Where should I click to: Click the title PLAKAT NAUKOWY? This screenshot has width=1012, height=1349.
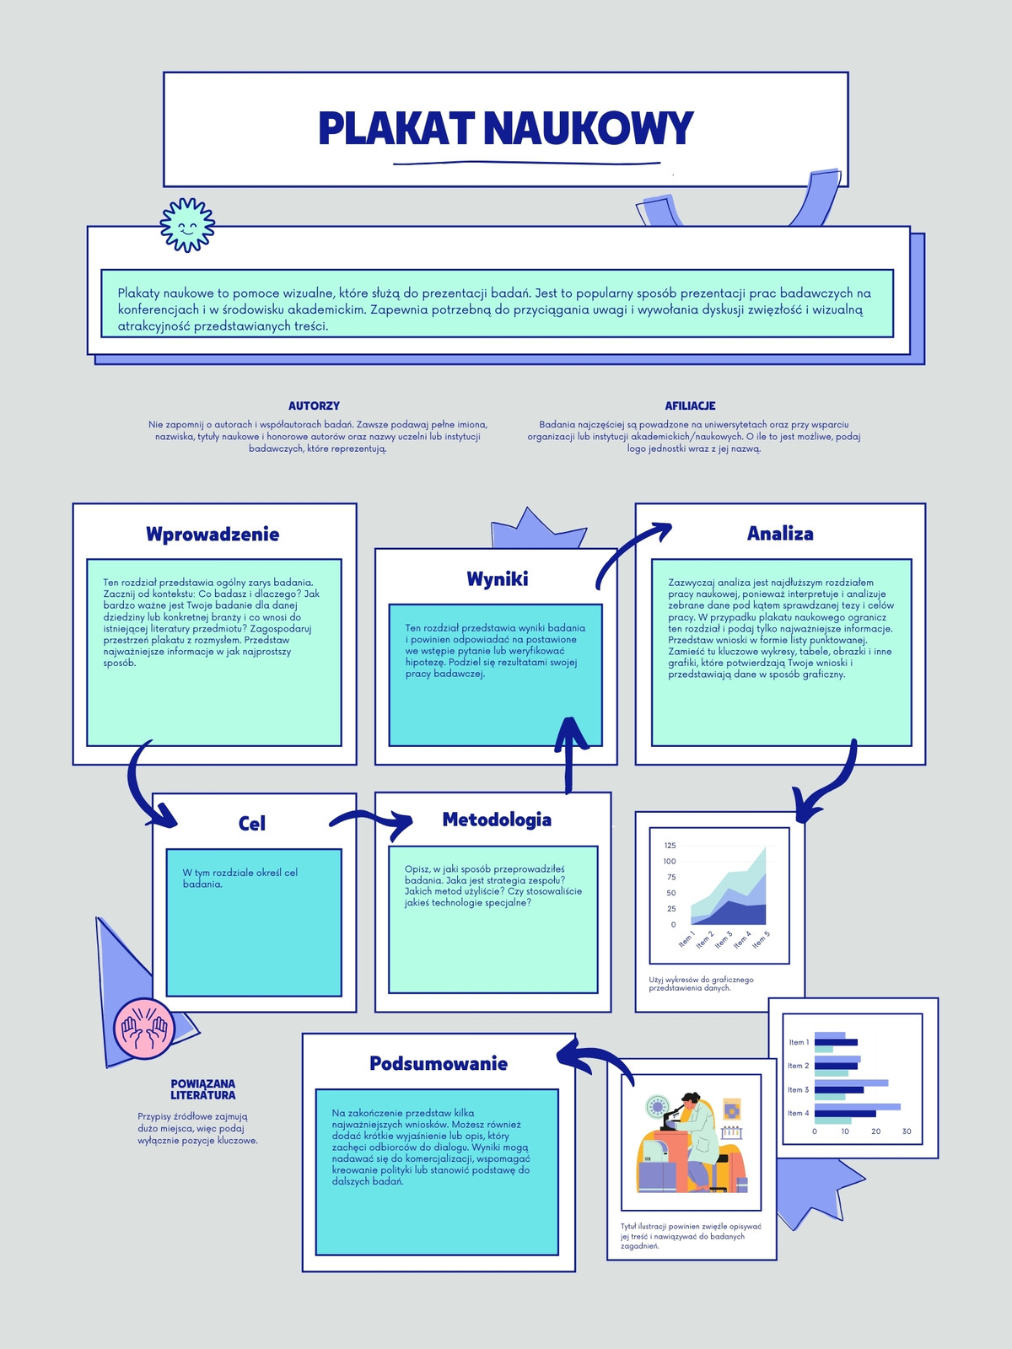click(506, 128)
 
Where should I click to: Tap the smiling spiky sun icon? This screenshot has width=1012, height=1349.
click(187, 225)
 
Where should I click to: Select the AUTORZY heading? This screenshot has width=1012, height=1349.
click(314, 406)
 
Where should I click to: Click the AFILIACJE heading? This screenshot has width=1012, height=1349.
click(690, 406)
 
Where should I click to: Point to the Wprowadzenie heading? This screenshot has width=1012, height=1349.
click(213, 534)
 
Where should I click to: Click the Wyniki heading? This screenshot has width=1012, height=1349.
click(497, 579)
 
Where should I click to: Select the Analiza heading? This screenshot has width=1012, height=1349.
click(780, 534)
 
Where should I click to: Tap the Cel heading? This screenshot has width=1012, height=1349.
click(252, 824)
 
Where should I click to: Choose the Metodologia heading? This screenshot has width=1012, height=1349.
click(497, 820)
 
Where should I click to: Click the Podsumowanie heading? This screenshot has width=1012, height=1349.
click(439, 1063)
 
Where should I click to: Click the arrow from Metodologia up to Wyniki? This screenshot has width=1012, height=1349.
click(569, 756)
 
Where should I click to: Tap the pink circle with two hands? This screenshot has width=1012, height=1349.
click(144, 1028)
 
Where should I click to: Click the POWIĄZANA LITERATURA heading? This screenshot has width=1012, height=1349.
click(202, 1089)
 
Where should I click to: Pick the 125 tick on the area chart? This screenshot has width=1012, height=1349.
click(670, 846)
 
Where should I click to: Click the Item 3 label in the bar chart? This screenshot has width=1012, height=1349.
click(798, 1089)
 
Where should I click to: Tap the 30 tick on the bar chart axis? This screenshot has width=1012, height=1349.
click(907, 1131)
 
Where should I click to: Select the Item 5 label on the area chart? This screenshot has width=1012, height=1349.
click(761, 940)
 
